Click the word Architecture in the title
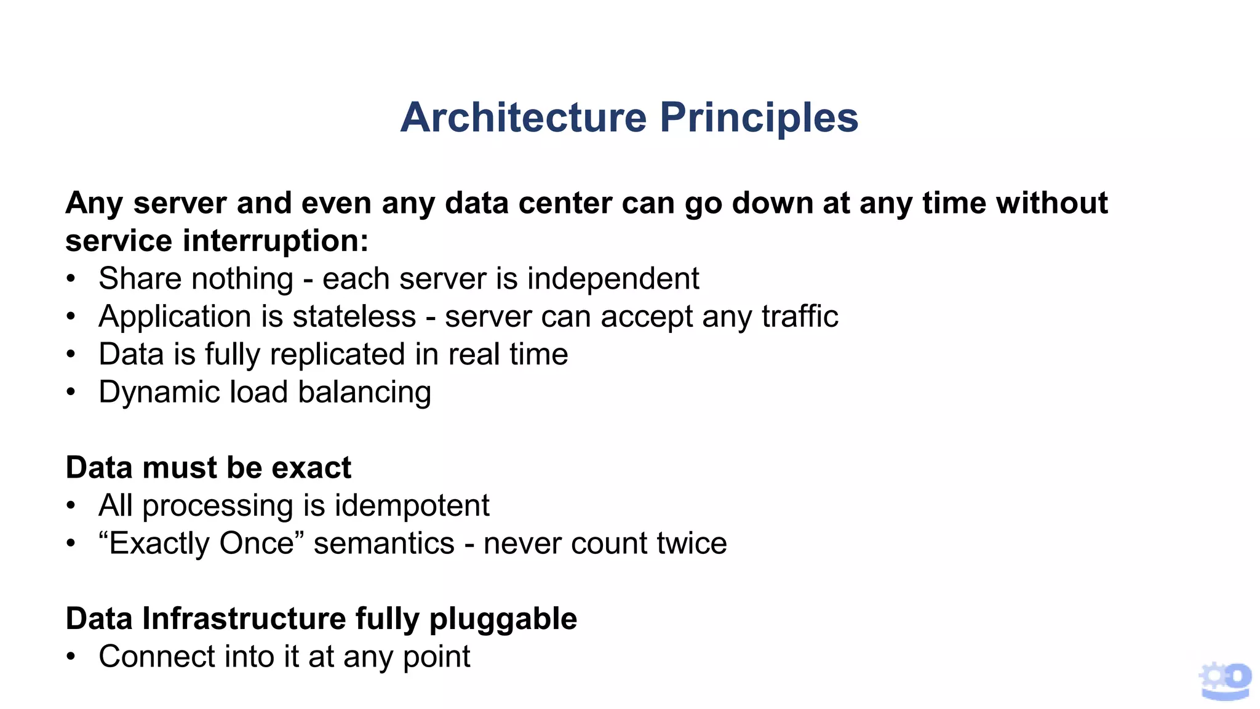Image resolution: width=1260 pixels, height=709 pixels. (x=524, y=117)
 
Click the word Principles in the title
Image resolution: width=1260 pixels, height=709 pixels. (x=759, y=117)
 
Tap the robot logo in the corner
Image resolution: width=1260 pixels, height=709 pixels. (x=1225, y=681)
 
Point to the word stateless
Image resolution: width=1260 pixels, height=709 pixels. (x=354, y=317)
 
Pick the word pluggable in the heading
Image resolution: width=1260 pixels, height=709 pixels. (x=503, y=619)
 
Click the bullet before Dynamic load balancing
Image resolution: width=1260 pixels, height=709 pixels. (x=71, y=392)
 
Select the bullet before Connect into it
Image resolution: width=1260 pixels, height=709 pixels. (x=71, y=657)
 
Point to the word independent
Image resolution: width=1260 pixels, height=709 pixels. (x=613, y=279)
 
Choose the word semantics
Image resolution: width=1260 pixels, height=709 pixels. (x=384, y=543)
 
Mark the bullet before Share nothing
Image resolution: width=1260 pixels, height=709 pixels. (x=71, y=279)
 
